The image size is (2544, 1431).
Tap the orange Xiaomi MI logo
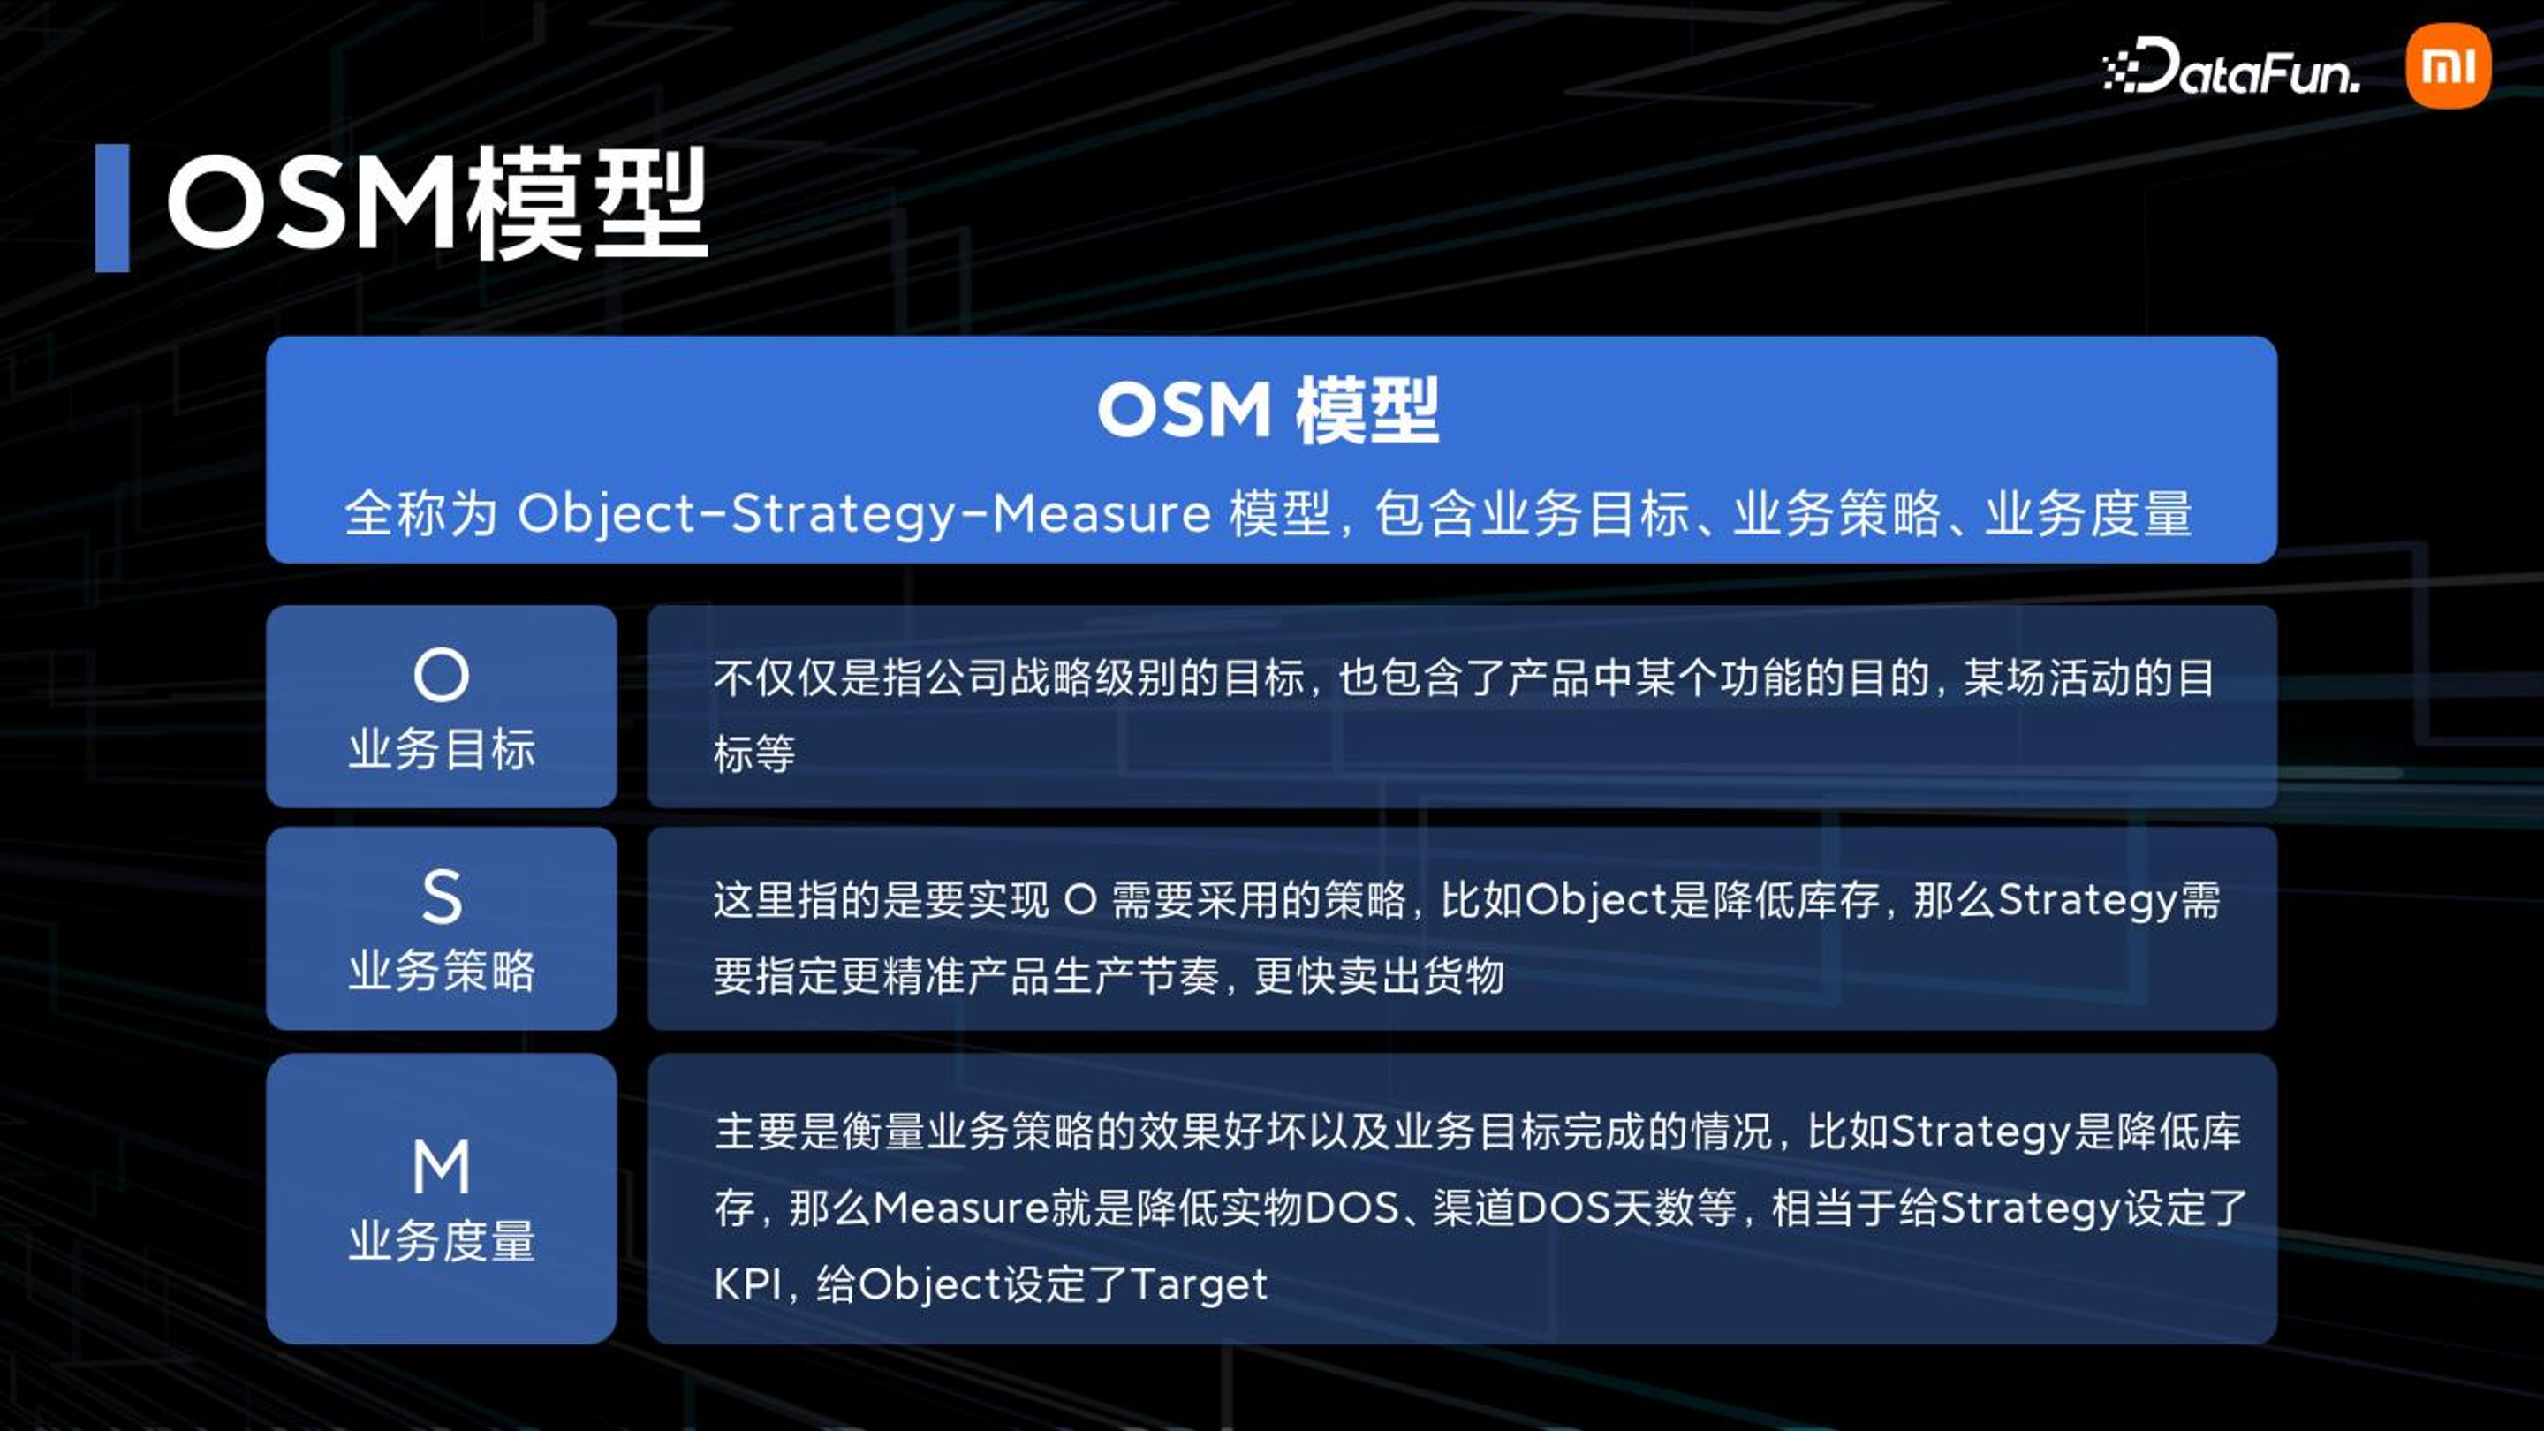coord(2449,66)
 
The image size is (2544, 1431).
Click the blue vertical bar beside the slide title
coord(111,208)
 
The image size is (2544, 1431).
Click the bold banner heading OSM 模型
coord(1269,410)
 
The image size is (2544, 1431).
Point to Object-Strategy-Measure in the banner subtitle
coord(864,514)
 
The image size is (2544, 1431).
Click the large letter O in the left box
coord(442,676)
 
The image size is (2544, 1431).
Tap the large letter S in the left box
coord(442,897)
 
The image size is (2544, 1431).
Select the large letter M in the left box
coord(442,1166)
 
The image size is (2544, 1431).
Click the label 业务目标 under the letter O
coord(442,750)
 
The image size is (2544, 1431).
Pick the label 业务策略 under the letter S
coord(442,972)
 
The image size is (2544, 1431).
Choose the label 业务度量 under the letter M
coord(442,1241)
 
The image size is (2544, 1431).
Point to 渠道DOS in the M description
coord(1515,1208)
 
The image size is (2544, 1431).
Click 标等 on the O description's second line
coord(754,754)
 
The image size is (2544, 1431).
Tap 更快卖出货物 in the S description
coord(1379,976)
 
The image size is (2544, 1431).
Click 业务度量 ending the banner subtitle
coord(2089,514)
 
